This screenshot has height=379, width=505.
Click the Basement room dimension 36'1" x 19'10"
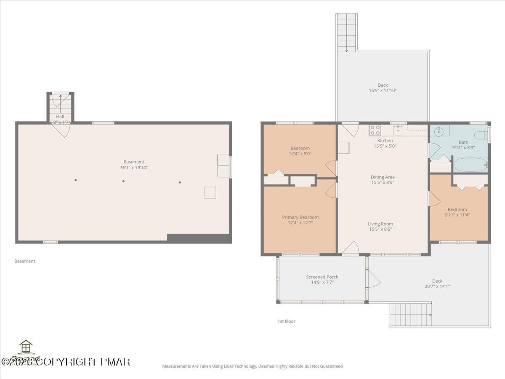tap(134, 168)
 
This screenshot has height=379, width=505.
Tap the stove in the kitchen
tap(375, 130)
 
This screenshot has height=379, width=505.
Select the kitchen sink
tap(398, 130)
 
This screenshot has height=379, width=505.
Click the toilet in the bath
tap(479, 135)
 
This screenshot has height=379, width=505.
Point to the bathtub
tap(470, 165)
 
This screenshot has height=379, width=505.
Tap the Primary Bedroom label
tap(300, 217)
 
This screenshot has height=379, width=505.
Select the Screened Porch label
tap(322, 277)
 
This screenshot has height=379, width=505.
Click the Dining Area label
tap(383, 177)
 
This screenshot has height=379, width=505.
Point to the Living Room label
tap(380, 224)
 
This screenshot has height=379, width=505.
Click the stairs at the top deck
tap(347, 32)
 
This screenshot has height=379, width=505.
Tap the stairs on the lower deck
tap(410, 315)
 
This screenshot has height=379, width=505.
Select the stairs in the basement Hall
tap(60, 104)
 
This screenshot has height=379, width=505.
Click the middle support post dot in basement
tap(123, 181)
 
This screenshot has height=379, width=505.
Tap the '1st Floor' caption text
tap(286, 321)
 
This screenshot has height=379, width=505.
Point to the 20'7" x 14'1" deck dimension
tap(437, 286)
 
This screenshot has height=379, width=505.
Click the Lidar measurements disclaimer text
tap(252, 366)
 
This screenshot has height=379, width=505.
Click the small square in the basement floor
tap(210, 192)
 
